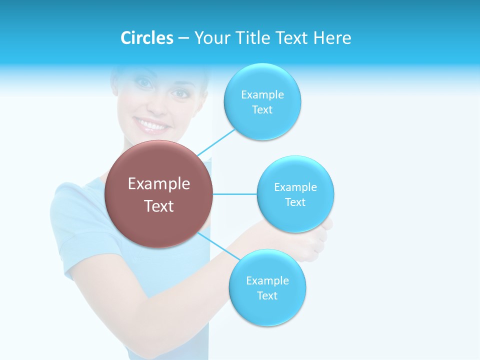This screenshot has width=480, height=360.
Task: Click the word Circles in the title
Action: pos(147,38)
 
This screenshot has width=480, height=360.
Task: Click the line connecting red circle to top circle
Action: pos(216,142)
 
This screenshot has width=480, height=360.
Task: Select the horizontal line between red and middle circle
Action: pos(235,194)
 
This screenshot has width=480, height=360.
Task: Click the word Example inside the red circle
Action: pos(159,184)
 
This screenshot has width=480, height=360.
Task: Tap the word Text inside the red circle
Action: pos(159,206)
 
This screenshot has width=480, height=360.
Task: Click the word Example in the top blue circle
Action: pos(262,94)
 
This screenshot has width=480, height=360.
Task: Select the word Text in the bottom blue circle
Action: pos(267,295)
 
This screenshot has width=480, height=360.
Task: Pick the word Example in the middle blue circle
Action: pos(295,187)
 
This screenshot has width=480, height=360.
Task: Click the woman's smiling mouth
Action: pos(151,125)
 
